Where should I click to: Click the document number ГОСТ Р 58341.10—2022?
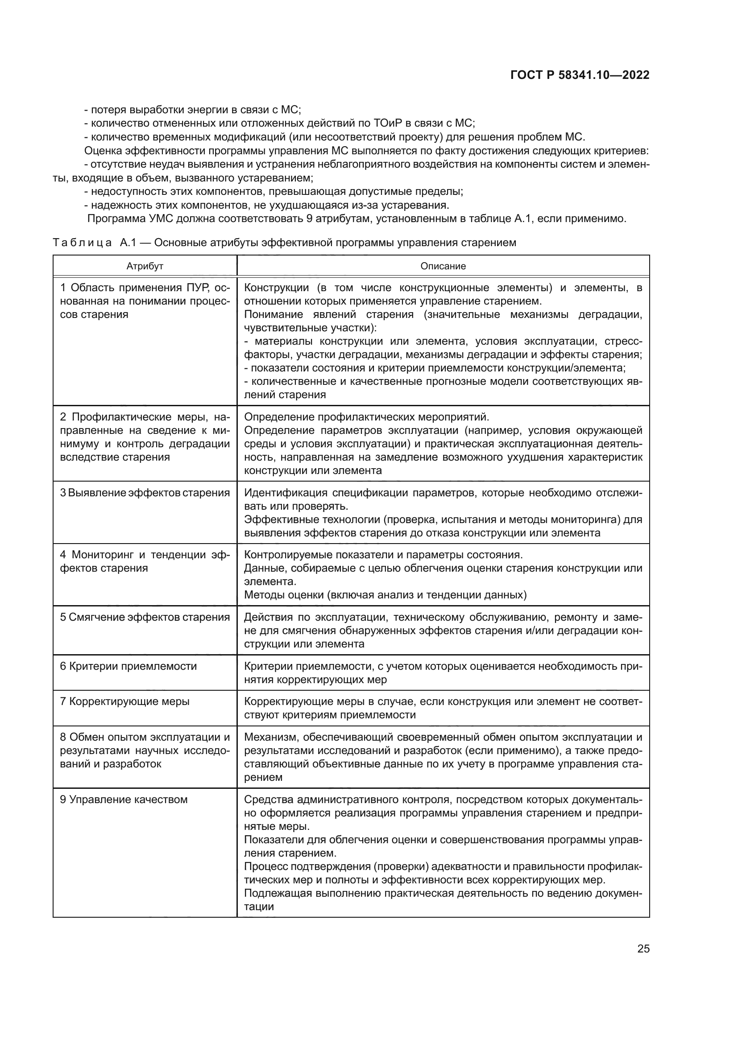[x=580, y=75]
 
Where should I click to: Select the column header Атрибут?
[x=145, y=266]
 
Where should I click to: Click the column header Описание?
[x=443, y=266]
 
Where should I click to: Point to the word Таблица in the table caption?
[x=82, y=243]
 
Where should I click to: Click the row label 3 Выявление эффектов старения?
[x=145, y=493]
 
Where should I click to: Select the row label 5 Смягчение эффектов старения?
[x=145, y=617]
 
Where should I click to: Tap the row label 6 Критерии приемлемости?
[x=129, y=666]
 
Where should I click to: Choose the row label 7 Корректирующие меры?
[x=125, y=701]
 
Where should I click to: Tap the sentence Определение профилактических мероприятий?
[x=366, y=417]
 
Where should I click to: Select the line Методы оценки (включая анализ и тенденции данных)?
[x=386, y=595]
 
